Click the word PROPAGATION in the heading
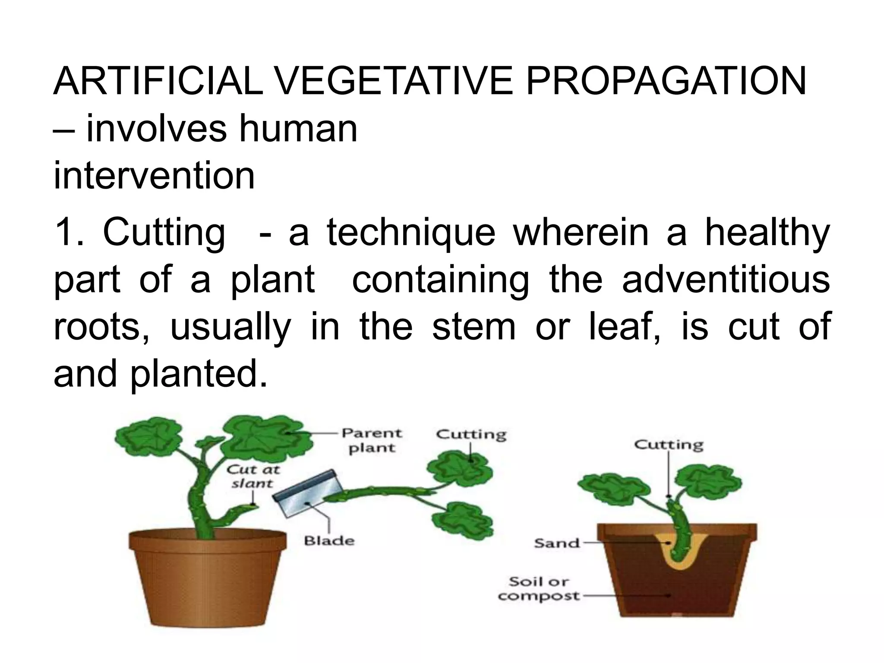(665, 82)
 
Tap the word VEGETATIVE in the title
(394, 82)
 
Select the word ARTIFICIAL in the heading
(158, 82)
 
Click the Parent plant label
(372, 440)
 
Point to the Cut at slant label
(253, 476)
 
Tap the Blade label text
(329, 540)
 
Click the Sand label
(557, 543)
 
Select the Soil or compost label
(538, 589)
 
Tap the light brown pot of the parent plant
(208, 578)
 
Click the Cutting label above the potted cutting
(669, 445)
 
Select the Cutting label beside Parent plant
(471, 434)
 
